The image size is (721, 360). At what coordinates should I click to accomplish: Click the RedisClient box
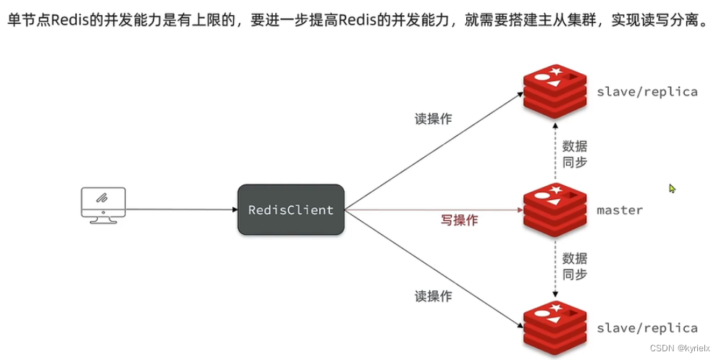(290, 210)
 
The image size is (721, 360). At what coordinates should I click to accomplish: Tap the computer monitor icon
(103, 205)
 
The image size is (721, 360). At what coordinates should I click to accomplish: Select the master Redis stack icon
(555, 209)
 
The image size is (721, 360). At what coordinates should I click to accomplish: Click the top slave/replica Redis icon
(555, 91)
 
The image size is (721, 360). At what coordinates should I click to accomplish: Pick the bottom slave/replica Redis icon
(555, 328)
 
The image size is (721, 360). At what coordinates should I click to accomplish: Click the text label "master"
(620, 210)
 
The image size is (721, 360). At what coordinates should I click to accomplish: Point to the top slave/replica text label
(647, 91)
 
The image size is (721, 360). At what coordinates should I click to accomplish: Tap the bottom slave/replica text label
(647, 328)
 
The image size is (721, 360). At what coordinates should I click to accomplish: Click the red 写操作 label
(457, 220)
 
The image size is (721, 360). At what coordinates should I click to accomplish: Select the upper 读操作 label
(434, 119)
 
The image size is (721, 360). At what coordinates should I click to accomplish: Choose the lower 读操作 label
(434, 296)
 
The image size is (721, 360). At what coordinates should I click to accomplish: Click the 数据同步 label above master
(574, 155)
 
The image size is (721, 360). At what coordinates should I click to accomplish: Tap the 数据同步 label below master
(574, 266)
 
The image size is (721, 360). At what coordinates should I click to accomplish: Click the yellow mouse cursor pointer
(672, 188)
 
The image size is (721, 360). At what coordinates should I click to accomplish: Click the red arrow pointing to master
(434, 210)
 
